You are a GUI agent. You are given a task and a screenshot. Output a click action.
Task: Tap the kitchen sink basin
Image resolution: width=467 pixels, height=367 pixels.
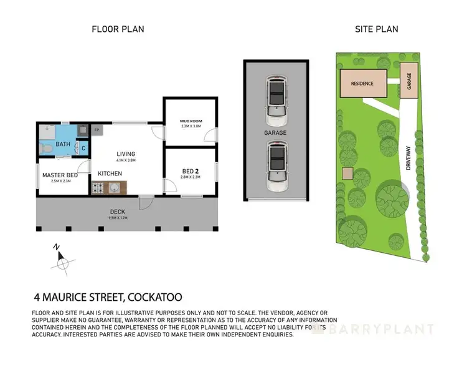click(115, 187)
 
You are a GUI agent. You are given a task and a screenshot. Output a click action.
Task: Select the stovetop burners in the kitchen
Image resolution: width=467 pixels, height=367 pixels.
click(99, 187)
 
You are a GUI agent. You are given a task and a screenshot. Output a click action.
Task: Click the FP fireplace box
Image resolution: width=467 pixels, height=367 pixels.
click(97, 130)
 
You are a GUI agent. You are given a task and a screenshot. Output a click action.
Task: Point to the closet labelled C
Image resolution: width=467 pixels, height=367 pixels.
click(83, 148)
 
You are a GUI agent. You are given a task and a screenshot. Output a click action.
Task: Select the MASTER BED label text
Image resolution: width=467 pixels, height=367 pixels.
click(60, 175)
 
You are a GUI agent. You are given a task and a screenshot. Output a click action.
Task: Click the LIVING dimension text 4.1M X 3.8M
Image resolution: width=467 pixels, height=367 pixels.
click(125, 160)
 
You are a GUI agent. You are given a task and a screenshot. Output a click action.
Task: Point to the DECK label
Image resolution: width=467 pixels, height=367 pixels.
click(118, 212)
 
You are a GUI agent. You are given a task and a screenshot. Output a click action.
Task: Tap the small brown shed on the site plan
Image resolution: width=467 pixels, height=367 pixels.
click(348, 173)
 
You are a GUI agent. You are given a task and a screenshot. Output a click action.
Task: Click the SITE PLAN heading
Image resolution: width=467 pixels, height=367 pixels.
click(376, 29)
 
